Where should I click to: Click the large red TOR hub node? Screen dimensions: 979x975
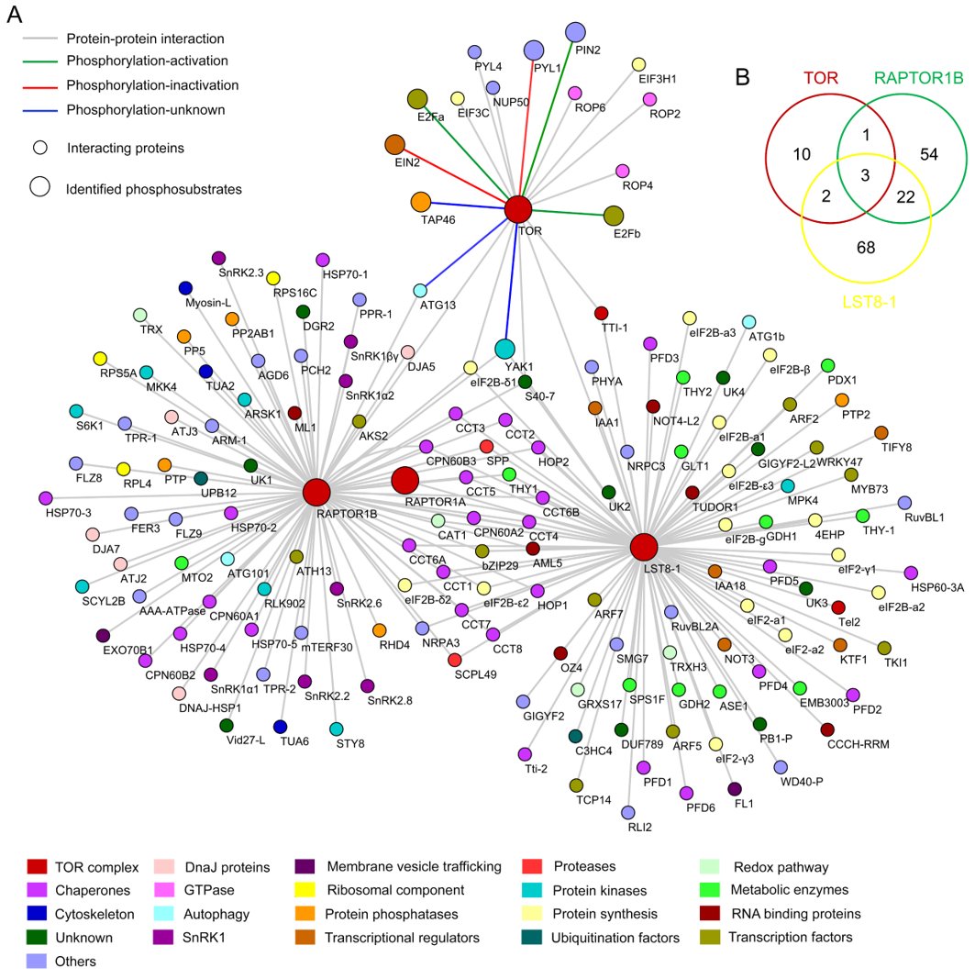518,210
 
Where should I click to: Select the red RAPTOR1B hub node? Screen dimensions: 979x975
316,493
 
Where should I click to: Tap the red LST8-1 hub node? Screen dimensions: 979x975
644,548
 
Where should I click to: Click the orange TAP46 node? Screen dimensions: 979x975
421,201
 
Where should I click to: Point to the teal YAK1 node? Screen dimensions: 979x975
504,349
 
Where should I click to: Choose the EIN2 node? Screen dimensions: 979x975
394,144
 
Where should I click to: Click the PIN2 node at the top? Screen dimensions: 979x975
575,33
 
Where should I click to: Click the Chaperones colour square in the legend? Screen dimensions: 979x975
37,889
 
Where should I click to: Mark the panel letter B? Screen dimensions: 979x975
743,77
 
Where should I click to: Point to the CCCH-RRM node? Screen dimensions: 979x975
828,729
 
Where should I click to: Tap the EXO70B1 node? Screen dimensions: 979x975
103,635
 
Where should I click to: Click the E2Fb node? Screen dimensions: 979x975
614,216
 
